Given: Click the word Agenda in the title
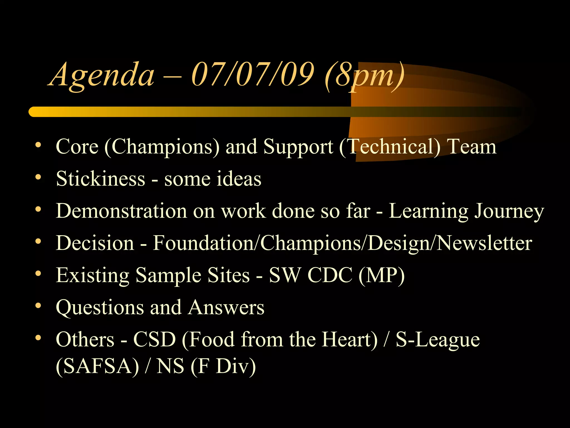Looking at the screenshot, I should click(102, 75).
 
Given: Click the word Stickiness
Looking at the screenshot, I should click(100, 179).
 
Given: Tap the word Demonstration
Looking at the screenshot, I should click(121, 211).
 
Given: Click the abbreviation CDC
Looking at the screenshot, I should click(330, 275).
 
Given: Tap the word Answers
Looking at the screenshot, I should click(226, 307).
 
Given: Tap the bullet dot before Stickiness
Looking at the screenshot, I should click(38, 177).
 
